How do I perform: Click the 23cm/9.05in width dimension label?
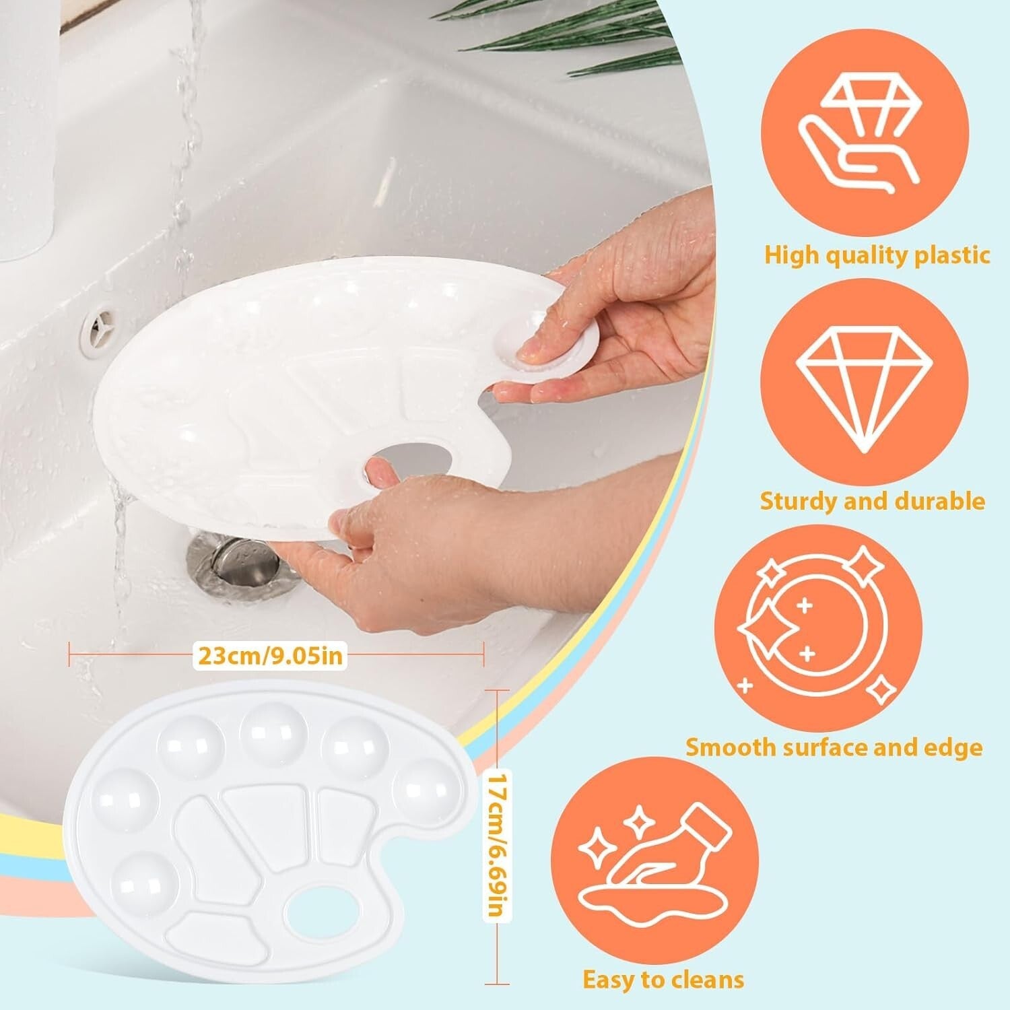(269, 654)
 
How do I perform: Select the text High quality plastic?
(877, 255)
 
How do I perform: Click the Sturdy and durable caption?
(872, 501)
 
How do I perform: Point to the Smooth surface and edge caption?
(834, 747)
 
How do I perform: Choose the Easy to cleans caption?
(663, 979)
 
